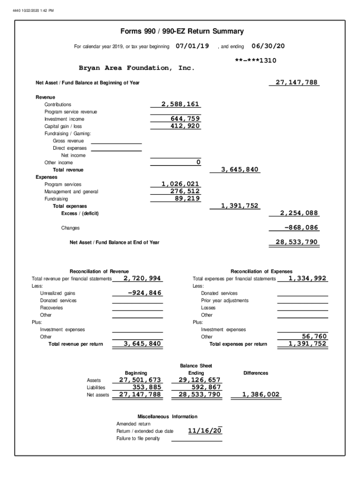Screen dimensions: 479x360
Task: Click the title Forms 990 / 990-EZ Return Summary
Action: coord(182,32)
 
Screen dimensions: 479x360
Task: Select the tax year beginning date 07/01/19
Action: coord(192,46)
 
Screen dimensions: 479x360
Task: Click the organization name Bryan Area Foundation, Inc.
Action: coord(137,68)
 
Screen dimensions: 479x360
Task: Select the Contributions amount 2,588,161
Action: coord(181,104)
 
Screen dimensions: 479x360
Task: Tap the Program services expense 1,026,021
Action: coord(180,184)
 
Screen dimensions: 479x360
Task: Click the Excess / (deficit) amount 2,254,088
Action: coord(299,213)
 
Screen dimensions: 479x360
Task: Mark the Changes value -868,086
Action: coord(301,228)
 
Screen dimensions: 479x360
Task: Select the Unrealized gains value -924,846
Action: coord(144,293)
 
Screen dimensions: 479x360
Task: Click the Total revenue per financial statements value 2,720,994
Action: coord(143,278)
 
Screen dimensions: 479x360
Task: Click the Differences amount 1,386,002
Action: coord(260,395)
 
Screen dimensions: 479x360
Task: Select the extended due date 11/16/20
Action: coord(205,430)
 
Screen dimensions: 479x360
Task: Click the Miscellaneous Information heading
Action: coord(167,416)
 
